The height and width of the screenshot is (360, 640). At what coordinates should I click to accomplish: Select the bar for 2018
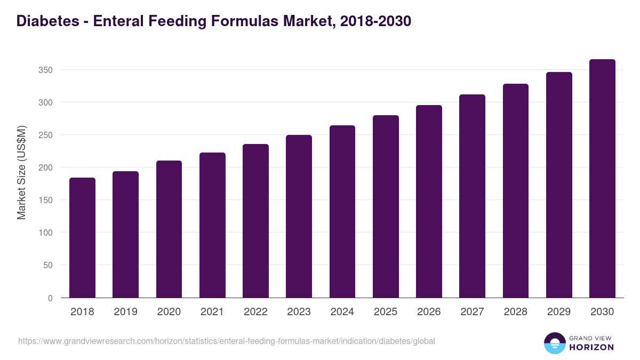(82, 238)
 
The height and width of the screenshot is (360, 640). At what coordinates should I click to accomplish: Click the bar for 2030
(602, 179)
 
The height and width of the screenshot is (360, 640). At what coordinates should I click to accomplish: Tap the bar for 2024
(342, 212)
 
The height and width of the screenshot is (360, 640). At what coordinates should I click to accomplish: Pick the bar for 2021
(212, 225)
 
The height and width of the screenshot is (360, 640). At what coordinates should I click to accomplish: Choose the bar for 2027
(472, 196)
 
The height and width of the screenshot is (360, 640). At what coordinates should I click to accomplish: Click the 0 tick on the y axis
(50, 298)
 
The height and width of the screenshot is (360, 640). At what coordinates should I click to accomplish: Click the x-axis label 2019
(125, 312)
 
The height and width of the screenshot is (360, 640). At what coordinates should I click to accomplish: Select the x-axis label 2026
(429, 312)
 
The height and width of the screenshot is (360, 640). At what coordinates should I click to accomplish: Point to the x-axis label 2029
(559, 312)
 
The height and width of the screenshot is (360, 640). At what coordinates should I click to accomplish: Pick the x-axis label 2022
(255, 312)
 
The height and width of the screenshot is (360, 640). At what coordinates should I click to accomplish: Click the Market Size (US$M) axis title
(21, 172)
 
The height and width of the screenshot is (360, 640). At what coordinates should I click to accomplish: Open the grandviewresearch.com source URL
(227, 341)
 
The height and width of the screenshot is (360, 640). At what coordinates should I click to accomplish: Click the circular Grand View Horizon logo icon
(555, 343)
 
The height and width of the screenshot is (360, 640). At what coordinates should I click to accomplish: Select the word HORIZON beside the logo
(591, 347)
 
